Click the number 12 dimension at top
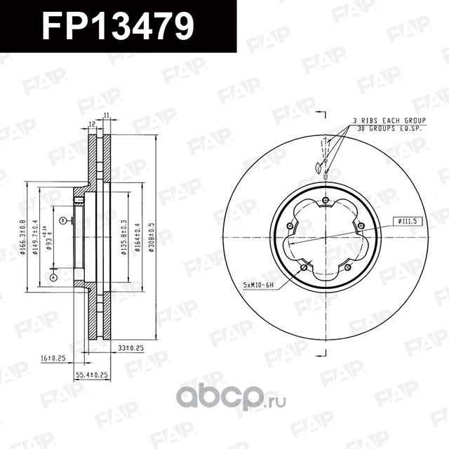coord(92,124)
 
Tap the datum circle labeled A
coord(52,278)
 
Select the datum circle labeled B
coord(62,221)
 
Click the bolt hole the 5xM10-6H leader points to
coord(303,267)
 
